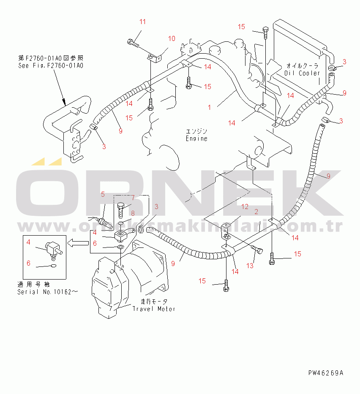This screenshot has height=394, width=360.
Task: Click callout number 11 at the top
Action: coord(142,22)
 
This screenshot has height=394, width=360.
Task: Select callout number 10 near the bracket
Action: coord(171,39)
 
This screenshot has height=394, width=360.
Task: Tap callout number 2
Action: coord(256,211)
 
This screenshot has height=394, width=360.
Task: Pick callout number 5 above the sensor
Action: coord(102,194)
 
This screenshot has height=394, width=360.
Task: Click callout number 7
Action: coord(132,198)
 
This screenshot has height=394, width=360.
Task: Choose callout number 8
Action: coord(132,213)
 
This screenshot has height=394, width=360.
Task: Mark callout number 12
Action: coord(245,207)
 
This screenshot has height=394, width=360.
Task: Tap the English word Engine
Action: coord(197,138)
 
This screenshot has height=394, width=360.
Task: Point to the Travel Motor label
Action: coord(154,309)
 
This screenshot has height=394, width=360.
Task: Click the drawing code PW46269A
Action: coord(326,373)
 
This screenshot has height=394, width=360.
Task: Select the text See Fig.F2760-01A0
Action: coord(51,65)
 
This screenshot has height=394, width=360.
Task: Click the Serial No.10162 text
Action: coord(48,292)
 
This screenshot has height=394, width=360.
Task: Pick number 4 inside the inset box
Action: coord(28,242)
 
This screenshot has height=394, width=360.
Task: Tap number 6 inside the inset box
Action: coord(28,263)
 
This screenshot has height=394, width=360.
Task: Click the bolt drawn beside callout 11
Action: coord(132,42)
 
